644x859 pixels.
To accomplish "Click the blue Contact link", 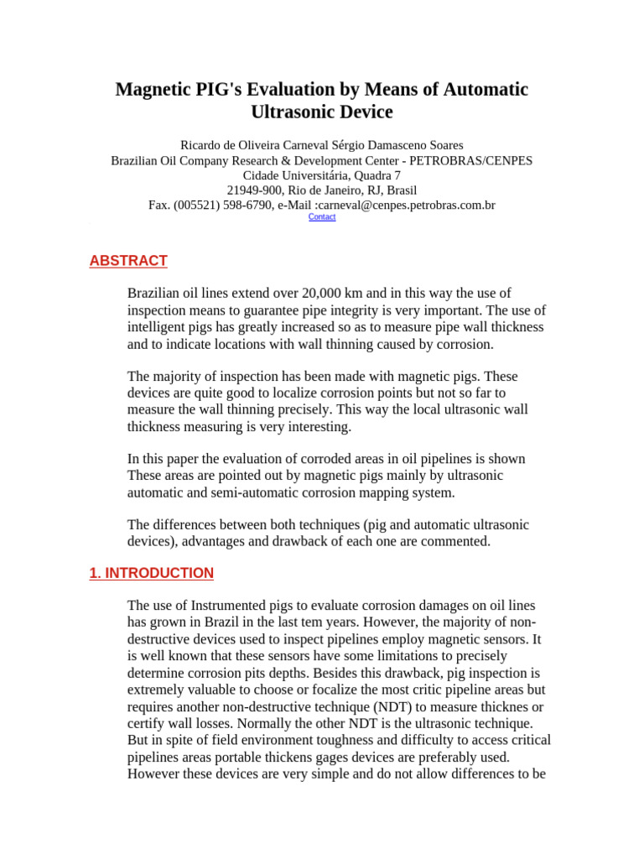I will tap(322, 216).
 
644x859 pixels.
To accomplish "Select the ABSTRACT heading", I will tap(128, 261).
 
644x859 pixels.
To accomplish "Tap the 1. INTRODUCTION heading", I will tap(151, 574).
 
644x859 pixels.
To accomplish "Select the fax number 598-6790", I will tap(241, 205).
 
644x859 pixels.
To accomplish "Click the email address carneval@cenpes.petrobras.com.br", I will tap(405, 205).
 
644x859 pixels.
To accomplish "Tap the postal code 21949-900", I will tap(256, 190).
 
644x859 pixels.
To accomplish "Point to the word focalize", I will tap(281, 690).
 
